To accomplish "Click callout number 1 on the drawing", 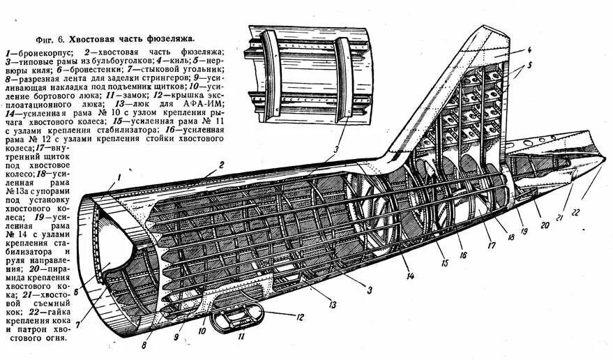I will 119,177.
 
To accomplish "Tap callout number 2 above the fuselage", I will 220,165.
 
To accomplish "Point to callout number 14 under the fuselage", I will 411,277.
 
